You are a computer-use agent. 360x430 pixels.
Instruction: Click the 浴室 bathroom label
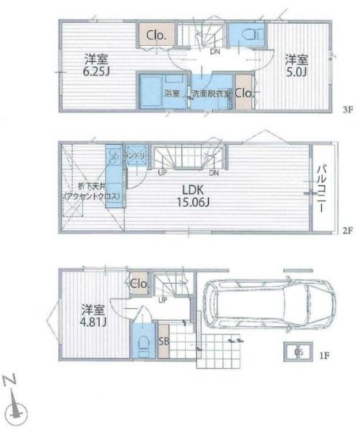pyautogui.click(x=171, y=93)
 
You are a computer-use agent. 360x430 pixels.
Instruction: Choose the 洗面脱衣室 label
pyautogui.click(x=212, y=94)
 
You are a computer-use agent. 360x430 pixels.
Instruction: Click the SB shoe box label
pyautogui.click(x=163, y=341)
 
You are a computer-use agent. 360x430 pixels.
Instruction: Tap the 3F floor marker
pyautogui.click(x=348, y=110)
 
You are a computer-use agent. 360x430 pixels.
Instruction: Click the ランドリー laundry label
pyautogui.click(x=135, y=155)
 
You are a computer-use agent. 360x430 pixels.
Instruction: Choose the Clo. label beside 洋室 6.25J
pyautogui.click(x=157, y=35)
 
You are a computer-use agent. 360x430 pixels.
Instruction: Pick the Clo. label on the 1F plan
pyautogui.click(x=139, y=284)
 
